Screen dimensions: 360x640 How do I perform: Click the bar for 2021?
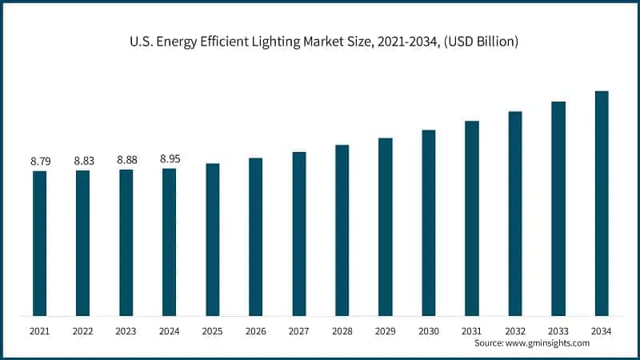click(39, 243)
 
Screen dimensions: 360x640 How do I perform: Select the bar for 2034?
click(602, 203)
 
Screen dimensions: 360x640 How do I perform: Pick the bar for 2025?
click(212, 239)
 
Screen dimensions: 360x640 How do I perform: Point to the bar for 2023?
click(126, 242)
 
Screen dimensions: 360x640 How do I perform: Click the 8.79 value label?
click(40, 162)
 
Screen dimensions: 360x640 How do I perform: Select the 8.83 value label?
click(84, 161)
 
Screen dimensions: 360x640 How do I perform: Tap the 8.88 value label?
click(126, 160)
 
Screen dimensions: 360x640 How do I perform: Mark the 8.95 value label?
click(170, 159)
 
